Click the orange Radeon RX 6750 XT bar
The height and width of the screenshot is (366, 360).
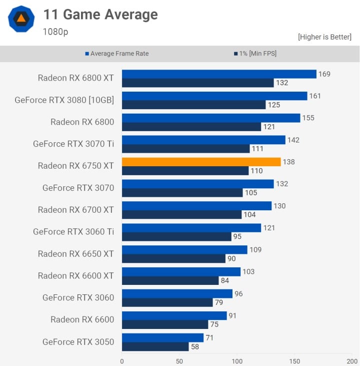(x=201, y=162)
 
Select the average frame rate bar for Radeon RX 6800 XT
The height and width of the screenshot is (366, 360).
(x=219, y=74)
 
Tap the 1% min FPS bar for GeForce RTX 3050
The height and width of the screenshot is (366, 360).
(x=155, y=346)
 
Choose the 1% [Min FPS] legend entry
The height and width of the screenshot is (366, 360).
(x=254, y=54)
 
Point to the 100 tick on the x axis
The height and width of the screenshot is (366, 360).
(x=237, y=360)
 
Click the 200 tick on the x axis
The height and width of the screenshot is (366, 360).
(x=351, y=360)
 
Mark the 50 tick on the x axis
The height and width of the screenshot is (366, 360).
(x=179, y=360)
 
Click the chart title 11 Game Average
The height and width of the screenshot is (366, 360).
(x=100, y=15)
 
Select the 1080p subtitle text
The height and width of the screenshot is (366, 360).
(x=55, y=32)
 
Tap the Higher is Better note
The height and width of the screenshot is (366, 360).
(x=324, y=37)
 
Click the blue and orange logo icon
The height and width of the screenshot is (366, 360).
(x=21, y=19)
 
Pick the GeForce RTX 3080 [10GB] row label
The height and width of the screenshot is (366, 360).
(x=64, y=100)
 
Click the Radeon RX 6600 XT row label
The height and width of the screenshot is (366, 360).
(x=76, y=275)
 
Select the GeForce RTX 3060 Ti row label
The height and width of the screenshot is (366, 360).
(x=73, y=231)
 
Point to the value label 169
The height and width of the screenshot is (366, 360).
(x=324, y=74)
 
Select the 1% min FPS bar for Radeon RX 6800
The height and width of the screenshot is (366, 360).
(x=191, y=127)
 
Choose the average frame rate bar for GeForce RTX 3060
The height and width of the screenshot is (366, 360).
(x=177, y=293)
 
